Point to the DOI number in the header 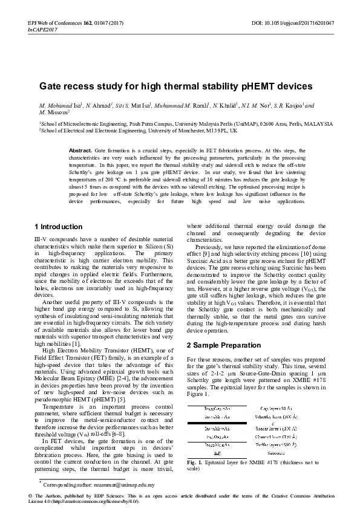[x=301, y=22]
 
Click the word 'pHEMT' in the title [x=245, y=86]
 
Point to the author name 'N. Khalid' [x=225, y=105]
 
